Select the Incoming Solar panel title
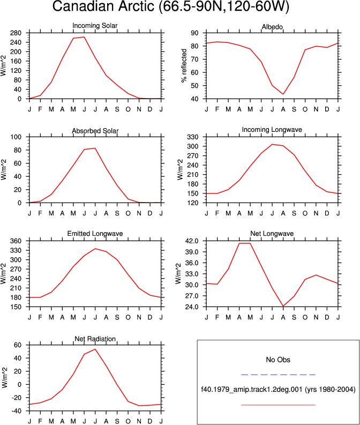[95, 26]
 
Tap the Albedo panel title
[272, 27]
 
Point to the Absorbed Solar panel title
[95, 131]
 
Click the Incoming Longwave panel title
[272, 130]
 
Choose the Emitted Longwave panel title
[95, 234]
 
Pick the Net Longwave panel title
[272, 234]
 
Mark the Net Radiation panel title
[95, 339]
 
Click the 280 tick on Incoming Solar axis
[16, 33]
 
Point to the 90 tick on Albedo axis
[194, 33]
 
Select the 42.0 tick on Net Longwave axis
[192, 241]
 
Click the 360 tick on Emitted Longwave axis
[16, 241]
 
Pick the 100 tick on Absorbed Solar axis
[16, 137]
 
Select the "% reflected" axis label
[184, 65]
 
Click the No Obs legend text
[278, 360]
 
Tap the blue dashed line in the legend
[278, 375]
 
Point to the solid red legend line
[278, 405]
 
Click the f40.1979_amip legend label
[278, 390]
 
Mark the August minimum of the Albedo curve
[283, 94]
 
